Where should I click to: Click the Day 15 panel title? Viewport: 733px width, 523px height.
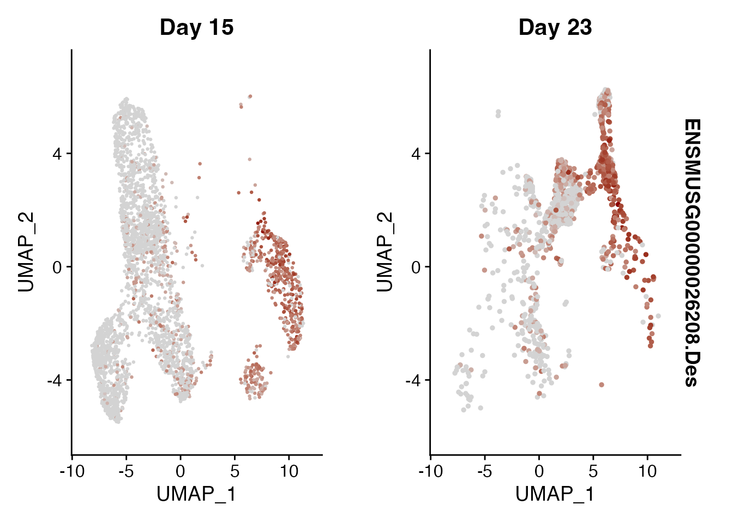click(196, 27)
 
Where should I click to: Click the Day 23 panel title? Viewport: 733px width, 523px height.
click(555, 27)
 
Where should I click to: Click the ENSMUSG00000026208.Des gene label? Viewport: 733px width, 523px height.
click(691, 252)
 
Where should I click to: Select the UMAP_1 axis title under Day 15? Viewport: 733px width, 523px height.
click(196, 494)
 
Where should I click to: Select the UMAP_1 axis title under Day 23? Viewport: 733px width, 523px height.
click(555, 494)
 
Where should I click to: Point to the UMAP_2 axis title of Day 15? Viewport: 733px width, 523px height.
click(26, 252)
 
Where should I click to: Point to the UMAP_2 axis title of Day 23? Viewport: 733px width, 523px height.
click(384, 252)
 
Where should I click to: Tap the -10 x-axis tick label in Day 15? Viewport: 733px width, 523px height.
click(72, 471)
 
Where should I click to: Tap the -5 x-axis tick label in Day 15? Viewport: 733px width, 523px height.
click(126, 471)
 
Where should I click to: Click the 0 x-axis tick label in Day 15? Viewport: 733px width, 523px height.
click(181, 471)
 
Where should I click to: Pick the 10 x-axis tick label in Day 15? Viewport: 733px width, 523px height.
click(289, 471)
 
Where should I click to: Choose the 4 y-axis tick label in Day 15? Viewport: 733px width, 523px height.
click(57, 154)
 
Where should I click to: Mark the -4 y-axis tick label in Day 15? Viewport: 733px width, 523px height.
click(55, 380)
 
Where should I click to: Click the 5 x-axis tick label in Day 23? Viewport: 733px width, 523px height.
click(593, 471)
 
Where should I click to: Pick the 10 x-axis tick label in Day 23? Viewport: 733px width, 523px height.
click(647, 471)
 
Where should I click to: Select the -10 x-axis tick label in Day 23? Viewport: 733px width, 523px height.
click(431, 471)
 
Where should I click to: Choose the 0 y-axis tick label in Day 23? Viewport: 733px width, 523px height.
click(416, 267)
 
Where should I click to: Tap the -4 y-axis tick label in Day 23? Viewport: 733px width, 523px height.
click(413, 380)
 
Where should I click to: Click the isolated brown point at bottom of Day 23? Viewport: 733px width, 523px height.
click(602, 385)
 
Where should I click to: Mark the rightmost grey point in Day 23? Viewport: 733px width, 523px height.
click(658, 316)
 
